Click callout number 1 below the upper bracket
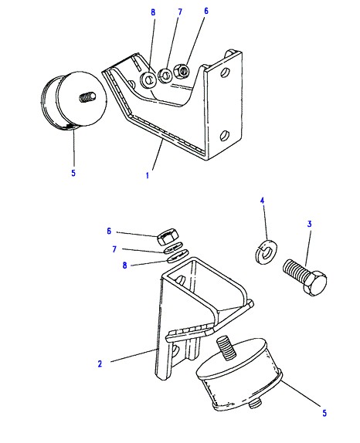(x=148, y=175)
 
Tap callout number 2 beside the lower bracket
(x=100, y=364)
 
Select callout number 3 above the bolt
(x=309, y=224)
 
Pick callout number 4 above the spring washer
(x=262, y=201)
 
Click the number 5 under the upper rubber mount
(x=73, y=173)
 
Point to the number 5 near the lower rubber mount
(x=324, y=413)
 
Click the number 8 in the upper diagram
(x=153, y=12)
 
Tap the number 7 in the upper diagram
(x=180, y=12)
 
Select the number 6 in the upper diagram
(x=205, y=11)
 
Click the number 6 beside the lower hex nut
(x=109, y=231)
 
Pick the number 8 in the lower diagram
(x=124, y=265)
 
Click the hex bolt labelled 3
(x=305, y=277)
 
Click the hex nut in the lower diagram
(x=167, y=237)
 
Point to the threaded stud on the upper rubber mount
(x=88, y=98)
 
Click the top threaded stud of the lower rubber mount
(x=226, y=347)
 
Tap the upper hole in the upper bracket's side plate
(x=226, y=72)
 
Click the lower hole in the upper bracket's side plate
(x=225, y=136)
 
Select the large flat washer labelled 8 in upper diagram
(x=149, y=79)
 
